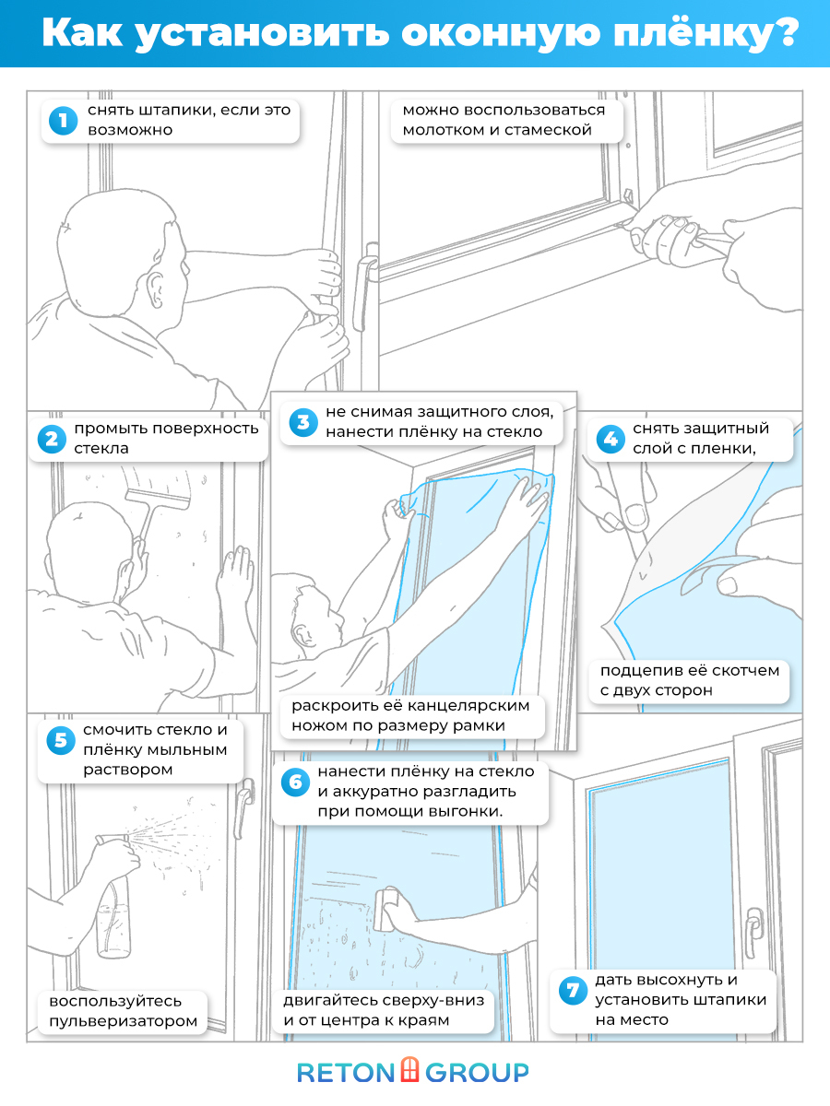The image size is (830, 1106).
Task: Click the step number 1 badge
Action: tap(63, 121)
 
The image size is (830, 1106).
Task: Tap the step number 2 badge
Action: tap(51, 440)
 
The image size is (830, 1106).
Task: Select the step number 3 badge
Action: tap(302, 422)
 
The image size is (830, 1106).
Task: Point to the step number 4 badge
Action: tap(609, 440)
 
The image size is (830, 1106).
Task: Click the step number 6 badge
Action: tap(295, 782)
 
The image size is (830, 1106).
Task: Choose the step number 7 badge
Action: tap(572, 992)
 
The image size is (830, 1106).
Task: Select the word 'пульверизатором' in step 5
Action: tap(124, 1021)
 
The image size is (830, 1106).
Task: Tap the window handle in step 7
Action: tap(754, 924)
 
